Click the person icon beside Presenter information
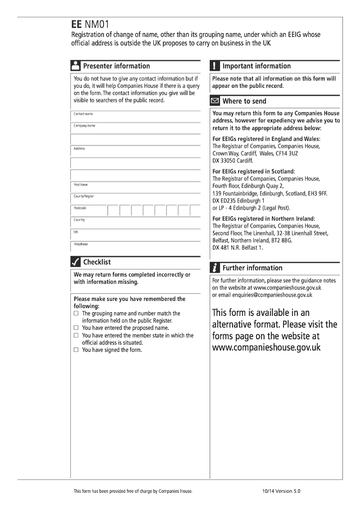[76, 66]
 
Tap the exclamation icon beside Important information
[215, 66]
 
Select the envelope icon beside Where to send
[215, 101]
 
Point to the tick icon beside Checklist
[76, 262]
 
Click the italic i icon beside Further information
[215, 268]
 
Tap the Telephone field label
[81, 244]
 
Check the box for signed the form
[76, 350]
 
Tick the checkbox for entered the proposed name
[76, 328]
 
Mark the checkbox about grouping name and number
[76, 313]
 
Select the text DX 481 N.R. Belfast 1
[238, 247]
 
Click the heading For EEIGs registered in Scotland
[253, 171]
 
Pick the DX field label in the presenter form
[76, 232]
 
